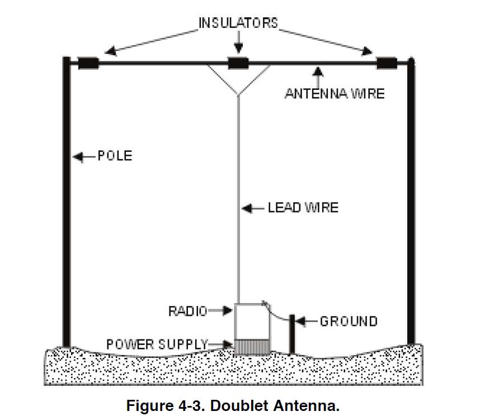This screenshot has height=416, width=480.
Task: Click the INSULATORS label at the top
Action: click(x=238, y=23)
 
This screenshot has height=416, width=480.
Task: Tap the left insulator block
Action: click(x=88, y=63)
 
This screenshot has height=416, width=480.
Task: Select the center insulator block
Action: click(x=238, y=63)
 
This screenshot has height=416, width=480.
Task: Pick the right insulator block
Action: click(x=387, y=63)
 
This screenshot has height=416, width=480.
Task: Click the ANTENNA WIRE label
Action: click(x=335, y=93)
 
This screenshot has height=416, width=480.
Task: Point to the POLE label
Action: click(x=115, y=156)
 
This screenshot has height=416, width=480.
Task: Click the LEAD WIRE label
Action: click(x=303, y=208)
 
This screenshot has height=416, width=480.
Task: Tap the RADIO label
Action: click(x=187, y=310)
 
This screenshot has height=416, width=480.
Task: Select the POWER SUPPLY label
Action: click(x=157, y=344)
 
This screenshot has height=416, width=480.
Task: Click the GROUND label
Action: click(x=348, y=321)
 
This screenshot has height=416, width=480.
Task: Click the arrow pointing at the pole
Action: click(x=83, y=157)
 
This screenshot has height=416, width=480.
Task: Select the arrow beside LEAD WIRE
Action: click(x=253, y=208)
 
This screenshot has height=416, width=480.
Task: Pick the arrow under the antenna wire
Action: click(x=318, y=75)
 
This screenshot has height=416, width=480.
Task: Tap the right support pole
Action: click(x=411, y=201)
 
